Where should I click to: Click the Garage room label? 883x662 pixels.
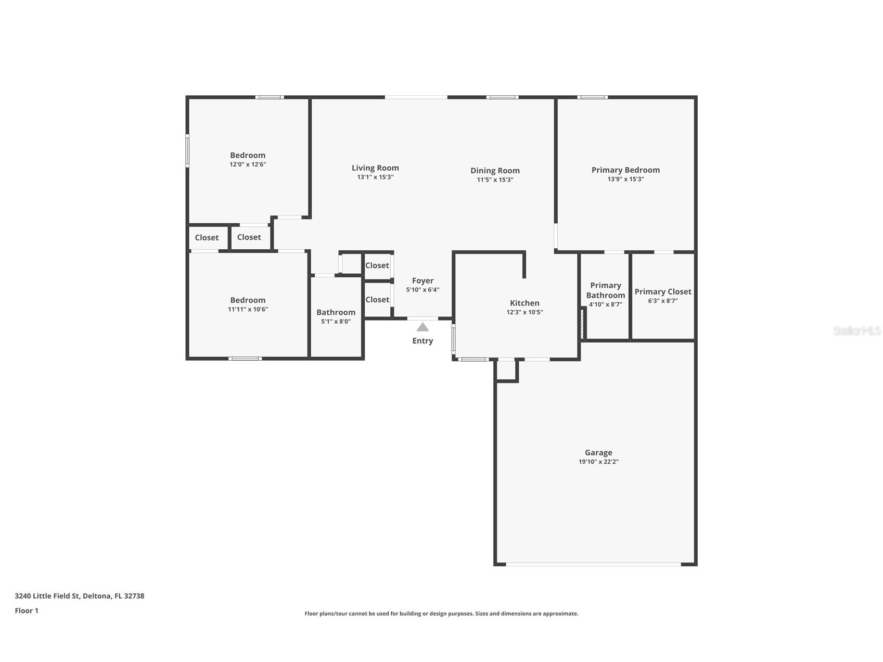point(598,453)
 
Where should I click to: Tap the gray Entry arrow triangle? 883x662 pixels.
point(423,327)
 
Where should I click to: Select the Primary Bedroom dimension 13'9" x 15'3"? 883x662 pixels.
point(625,179)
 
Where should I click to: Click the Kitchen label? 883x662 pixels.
point(524,303)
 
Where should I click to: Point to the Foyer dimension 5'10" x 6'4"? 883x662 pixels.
point(423,290)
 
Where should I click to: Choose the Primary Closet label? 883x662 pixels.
point(662,291)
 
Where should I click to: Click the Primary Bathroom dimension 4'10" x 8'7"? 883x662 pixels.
point(605,304)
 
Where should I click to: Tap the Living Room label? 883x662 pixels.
point(375,168)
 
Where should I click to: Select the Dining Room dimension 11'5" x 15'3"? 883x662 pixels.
point(495,180)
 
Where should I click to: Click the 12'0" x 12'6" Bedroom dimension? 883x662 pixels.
point(248,164)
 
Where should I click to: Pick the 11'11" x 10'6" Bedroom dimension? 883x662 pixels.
point(248,309)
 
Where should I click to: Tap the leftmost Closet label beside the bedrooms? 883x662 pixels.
point(207,237)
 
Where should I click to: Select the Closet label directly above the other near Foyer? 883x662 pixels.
point(377,265)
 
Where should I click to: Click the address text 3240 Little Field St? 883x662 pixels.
point(79,596)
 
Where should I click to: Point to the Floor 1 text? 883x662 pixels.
point(27,610)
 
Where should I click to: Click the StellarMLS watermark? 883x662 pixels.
point(856,330)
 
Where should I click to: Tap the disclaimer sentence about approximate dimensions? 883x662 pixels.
point(441,614)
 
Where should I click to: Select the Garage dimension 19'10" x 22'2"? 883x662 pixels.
point(598,462)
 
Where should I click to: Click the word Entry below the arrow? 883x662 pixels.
point(423,341)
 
